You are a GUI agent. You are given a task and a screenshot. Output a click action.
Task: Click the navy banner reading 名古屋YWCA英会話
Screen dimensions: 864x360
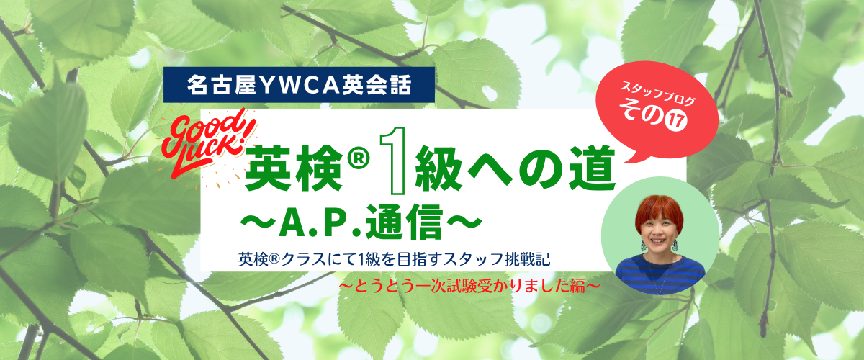[299, 85]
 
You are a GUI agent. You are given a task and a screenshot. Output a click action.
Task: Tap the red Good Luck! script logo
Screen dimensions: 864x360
[208, 143]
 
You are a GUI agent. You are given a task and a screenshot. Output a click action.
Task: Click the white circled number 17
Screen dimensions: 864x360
[675, 120]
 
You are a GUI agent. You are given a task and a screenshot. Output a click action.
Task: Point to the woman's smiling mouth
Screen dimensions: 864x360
[660, 241]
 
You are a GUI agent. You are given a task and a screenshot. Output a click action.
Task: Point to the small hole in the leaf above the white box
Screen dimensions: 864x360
[490, 94]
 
